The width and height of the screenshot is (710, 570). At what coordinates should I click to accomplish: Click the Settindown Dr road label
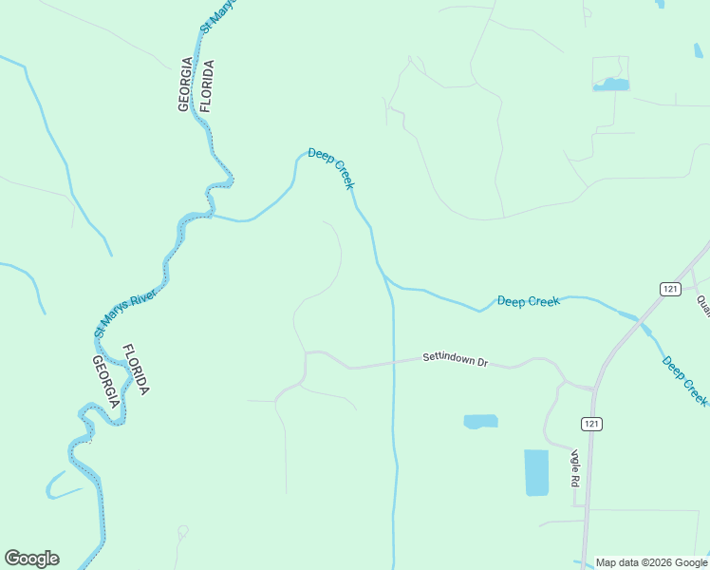point(455,361)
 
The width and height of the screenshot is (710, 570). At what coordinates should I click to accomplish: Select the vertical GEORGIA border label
point(185,85)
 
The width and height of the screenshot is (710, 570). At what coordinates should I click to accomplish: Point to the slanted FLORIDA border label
point(136,370)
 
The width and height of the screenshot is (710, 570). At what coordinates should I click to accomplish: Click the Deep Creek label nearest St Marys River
point(331,168)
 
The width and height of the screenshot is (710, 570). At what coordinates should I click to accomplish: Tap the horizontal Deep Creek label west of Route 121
point(529,301)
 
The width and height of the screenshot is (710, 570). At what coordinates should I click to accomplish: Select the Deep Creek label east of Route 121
point(684,380)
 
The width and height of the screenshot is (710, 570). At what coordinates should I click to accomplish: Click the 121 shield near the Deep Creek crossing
point(671,288)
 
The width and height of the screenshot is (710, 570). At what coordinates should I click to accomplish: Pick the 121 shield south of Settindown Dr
point(592,423)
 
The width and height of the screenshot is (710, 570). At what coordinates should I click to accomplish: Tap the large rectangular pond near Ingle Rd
point(536,472)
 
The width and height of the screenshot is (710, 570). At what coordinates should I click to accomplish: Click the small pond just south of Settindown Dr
point(480,421)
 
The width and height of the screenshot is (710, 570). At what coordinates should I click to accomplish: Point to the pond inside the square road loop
point(610,85)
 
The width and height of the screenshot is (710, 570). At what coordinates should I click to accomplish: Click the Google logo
point(31,559)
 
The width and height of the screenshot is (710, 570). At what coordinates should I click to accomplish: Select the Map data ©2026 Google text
point(651,562)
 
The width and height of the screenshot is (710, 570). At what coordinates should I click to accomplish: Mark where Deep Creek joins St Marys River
point(212,215)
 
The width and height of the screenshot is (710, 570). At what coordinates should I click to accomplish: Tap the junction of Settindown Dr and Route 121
point(594,387)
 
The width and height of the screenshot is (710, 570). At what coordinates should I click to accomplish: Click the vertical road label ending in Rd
point(574,467)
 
